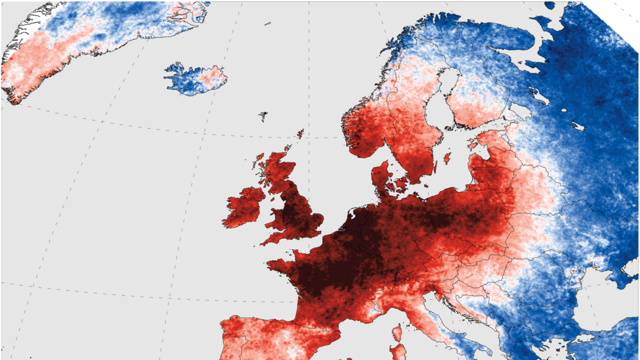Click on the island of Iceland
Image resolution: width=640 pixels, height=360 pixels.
(196, 79)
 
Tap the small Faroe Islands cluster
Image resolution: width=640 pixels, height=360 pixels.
(263, 116)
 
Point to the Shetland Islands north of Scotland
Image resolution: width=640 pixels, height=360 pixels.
(299, 134)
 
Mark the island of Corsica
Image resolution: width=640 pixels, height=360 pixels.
(397, 331)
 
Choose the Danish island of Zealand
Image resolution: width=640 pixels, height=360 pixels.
(402, 183)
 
